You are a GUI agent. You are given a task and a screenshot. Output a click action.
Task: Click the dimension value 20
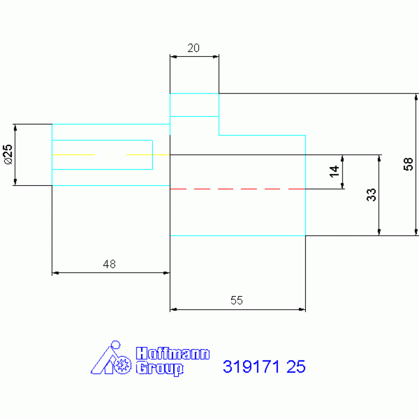click(x=193, y=48)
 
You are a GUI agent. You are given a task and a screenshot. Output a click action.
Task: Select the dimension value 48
click(x=109, y=264)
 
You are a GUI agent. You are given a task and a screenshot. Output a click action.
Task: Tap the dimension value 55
click(x=237, y=300)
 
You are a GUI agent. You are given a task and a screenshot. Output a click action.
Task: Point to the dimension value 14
click(x=334, y=172)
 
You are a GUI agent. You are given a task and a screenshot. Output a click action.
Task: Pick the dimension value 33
click(x=371, y=195)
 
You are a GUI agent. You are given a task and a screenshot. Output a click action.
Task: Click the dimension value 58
click(x=408, y=164)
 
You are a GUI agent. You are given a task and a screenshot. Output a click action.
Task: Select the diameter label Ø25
click(x=8, y=155)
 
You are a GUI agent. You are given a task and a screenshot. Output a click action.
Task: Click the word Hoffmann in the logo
click(x=173, y=353)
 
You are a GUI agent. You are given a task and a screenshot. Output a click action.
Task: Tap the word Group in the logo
click(x=160, y=369)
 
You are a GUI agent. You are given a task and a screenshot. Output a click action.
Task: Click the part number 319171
click(x=251, y=367)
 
